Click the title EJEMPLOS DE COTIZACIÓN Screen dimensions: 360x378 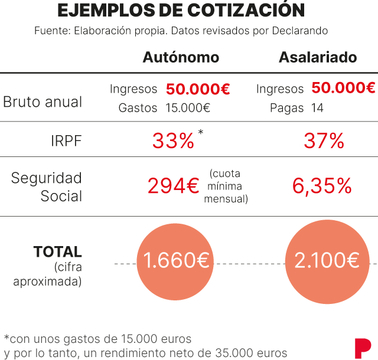tap(181, 11)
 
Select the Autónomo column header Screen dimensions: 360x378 tap(181, 57)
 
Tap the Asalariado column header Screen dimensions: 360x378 tap(318, 57)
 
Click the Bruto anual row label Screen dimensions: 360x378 tap(43, 102)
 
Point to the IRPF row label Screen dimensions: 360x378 tap(66, 141)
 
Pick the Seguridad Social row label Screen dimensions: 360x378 tap(47, 186)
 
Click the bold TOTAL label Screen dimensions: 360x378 tap(58, 252)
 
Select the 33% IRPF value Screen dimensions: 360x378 tap(173, 141)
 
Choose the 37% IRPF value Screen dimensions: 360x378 tap(324, 141)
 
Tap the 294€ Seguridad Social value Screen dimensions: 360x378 tap(173, 186)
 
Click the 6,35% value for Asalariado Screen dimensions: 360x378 tap(322, 186)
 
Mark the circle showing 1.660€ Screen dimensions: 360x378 tap(177, 260)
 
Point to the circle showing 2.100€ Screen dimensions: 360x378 tap(327, 260)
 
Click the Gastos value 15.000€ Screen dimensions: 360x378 tap(188, 108)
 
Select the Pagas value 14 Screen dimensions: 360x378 tap(317, 108)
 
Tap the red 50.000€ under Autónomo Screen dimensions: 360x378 tap(198, 89)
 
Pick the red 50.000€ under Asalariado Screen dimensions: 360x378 tap(343, 88)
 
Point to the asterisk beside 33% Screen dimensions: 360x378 tap(201, 132)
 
